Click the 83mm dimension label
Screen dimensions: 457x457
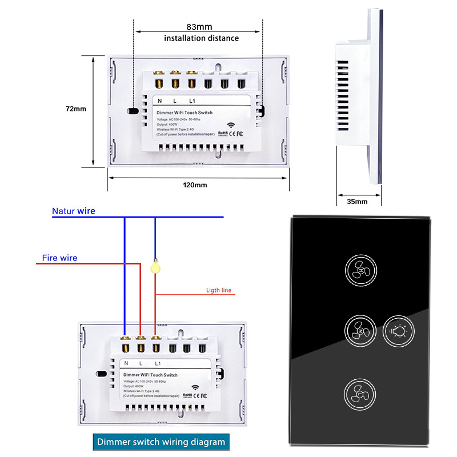(x=199, y=27)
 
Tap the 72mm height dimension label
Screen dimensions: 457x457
(x=75, y=109)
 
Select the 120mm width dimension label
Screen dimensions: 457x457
(x=195, y=185)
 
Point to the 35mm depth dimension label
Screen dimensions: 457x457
(x=356, y=201)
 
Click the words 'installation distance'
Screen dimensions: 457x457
(x=202, y=38)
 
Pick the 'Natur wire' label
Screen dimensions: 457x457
(x=73, y=211)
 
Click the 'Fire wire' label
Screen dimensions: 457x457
(x=59, y=258)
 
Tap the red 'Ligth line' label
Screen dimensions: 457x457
(x=219, y=290)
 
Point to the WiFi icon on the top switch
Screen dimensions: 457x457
(x=232, y=125)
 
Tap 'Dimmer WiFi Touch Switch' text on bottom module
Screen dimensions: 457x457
(x=150, y=375)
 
